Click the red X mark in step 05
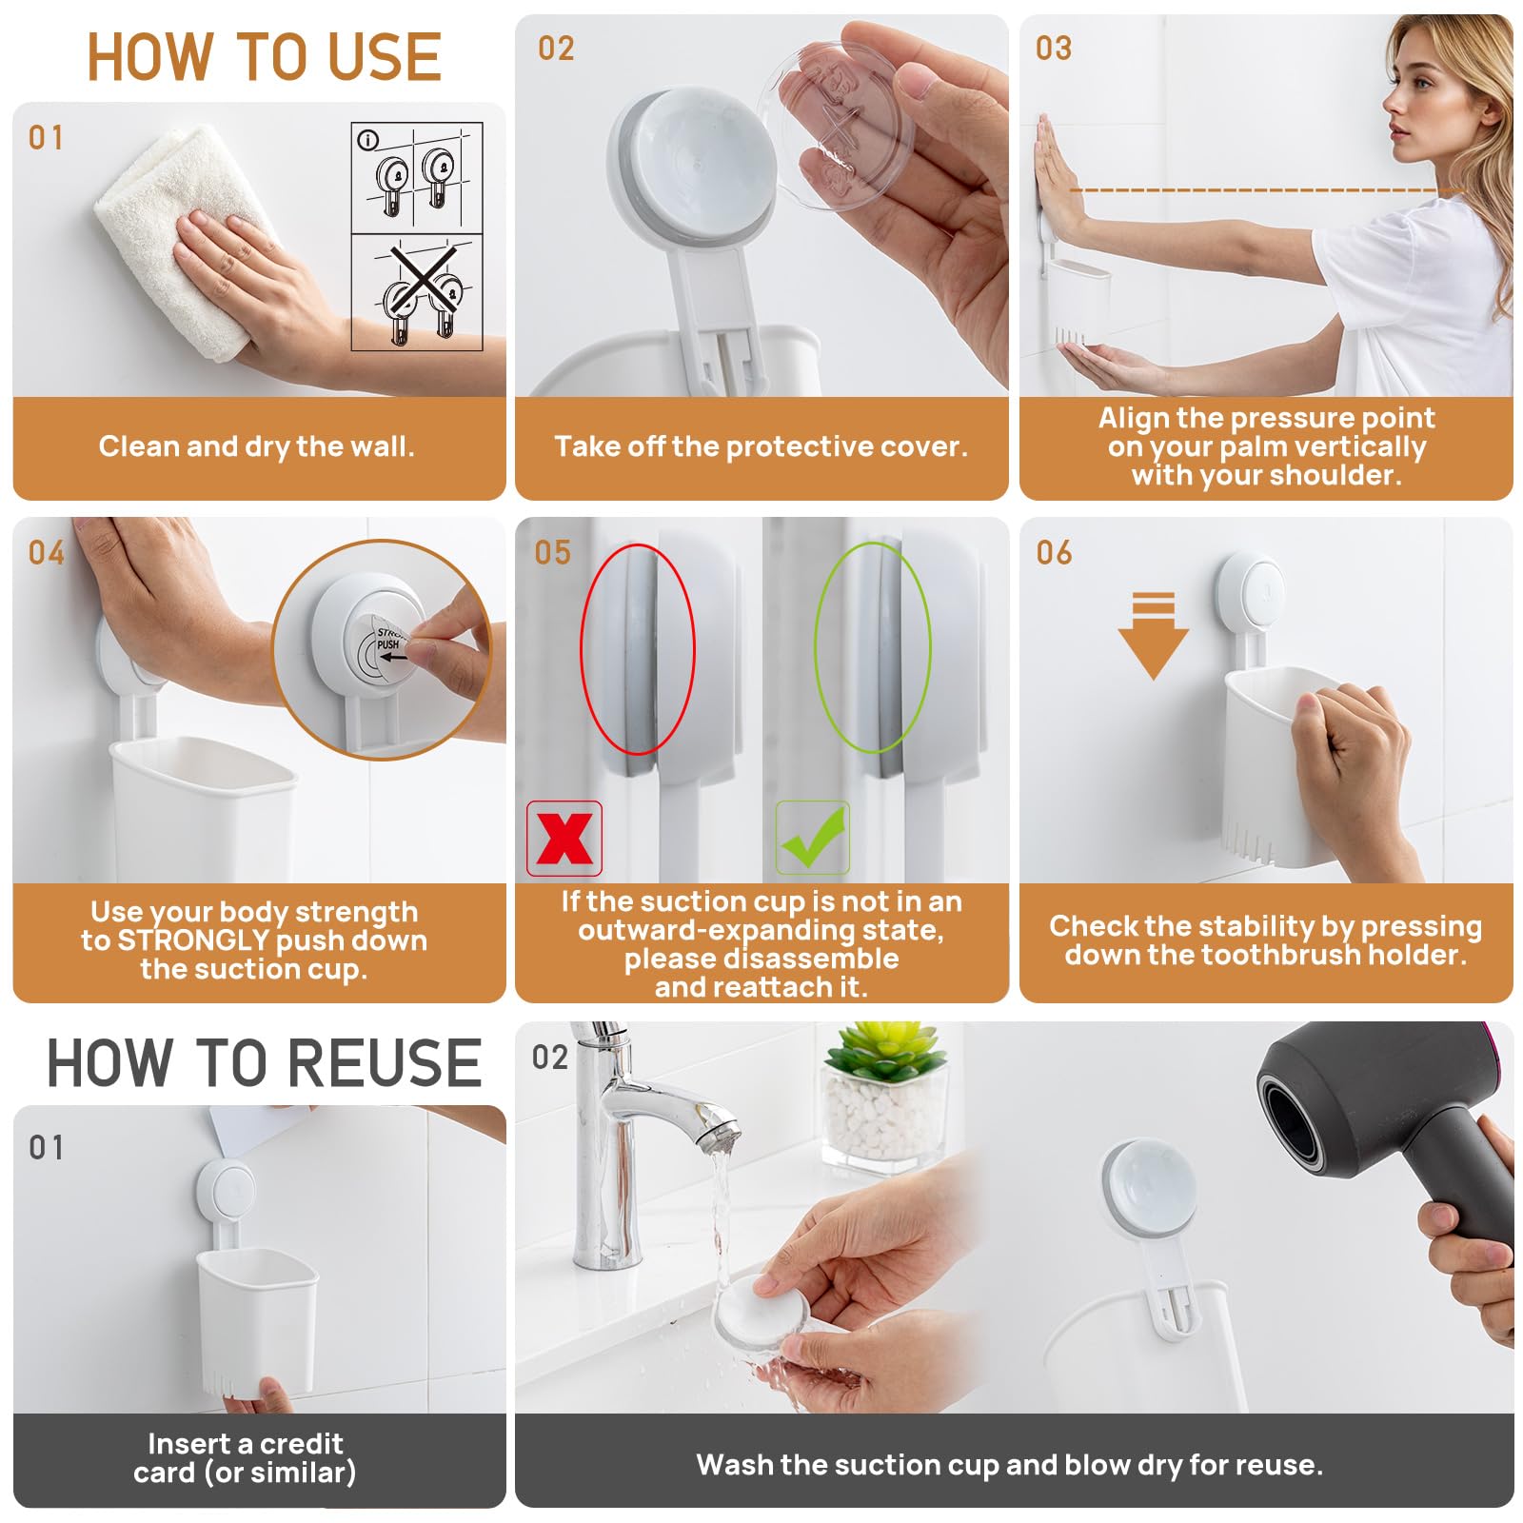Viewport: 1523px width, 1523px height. pyautogui.click(x=564, y=838)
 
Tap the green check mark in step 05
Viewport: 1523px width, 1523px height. pyautogui.click(x=812, y=837)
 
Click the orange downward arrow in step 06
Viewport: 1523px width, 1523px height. pyautogui.click(x=1153, y=636)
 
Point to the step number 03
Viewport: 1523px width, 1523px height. pyautogui.click(x=1053, y=48)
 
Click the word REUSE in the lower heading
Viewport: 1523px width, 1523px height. pyautogui.click(x=386, y=1063)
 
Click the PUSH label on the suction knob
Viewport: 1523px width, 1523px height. pyautogui.click(x=388, y=644)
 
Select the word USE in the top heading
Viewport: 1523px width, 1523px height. pyautogui.click(x=386, y=57)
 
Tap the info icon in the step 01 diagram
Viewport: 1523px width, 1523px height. pyautogui.click(x=367, y=140)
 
